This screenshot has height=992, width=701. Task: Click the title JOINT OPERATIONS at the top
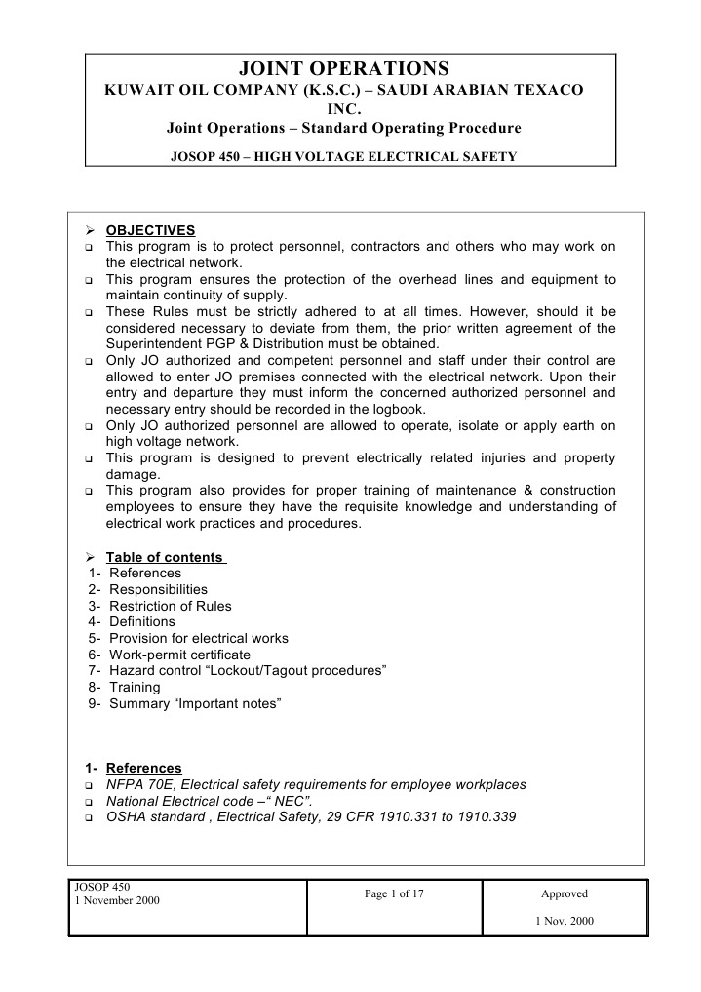(344, 68)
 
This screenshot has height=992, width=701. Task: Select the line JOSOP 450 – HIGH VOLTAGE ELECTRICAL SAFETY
(344, 156)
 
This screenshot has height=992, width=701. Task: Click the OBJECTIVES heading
(150, 230)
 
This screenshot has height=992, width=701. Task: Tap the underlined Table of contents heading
(166, 557)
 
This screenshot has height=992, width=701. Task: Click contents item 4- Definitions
(133, 621)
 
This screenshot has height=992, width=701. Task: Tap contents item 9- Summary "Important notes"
(185, 703)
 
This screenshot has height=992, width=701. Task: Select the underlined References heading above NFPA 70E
(143, 768)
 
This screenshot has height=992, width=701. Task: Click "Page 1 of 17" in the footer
(395, 893)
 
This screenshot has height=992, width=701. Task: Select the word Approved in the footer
(565, 893)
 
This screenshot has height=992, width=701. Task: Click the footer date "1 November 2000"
(117, 900)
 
